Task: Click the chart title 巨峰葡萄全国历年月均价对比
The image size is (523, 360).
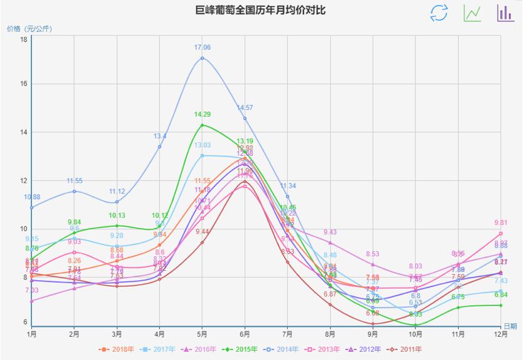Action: click(x=260, y=11)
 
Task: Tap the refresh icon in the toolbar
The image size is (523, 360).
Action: click(x=439, y=13)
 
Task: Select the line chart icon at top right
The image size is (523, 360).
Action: click(x=472, y=13)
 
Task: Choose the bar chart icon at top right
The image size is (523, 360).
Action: click(x=505, y=13)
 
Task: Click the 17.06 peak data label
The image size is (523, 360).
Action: click(x=202, y=47)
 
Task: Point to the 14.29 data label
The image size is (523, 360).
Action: click(x=202, y=114)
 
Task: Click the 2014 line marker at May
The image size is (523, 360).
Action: click(x=202, y=58)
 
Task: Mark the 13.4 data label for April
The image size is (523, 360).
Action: click(x=160, y=136)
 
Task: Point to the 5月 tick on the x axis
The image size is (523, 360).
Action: click(x=202, y=334)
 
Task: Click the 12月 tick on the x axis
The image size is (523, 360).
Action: click(x=501, y=334)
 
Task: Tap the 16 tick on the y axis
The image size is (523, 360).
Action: click(x=23, y=84)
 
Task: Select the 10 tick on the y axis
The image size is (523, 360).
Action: click(x=23, y=229)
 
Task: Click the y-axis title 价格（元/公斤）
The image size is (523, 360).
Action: click(x=29, y=28)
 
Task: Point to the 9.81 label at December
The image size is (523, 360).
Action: click(x=501, y=222)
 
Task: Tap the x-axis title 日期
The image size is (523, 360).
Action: click(x=510, y=326)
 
